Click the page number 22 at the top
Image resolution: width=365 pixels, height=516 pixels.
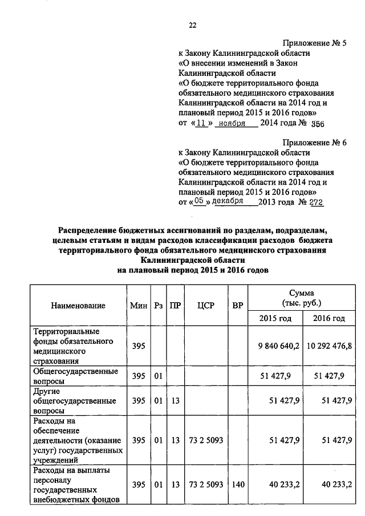[x=192, y=25]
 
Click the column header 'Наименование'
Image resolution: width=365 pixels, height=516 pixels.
[x=78, y=306]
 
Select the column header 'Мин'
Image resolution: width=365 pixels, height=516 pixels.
[x=139, y=306]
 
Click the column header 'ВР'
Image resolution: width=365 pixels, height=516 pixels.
[x=238, y=306]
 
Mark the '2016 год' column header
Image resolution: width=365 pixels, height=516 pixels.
[x=329, y=318]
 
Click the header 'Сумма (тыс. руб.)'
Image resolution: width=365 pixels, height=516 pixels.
[x=302, y=297]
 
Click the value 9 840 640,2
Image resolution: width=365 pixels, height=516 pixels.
[x=278, y=346]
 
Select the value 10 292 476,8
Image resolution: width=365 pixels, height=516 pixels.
[x=329, y=346]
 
